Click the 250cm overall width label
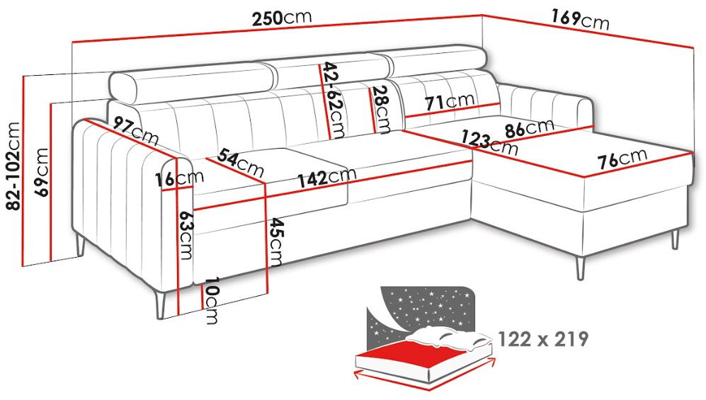tap(281, 18)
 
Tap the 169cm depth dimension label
tap(580, 19)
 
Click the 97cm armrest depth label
tap(135, 130)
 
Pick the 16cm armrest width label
tap(179, 178)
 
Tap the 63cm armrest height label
tap(186, 234)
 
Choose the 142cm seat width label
tap(326, 177)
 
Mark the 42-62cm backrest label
tap(334, 100)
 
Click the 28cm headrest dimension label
tap(382, 109)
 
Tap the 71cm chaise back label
tap(450, 102)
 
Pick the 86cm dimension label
tap(529, 127)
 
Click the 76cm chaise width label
tap(622, 157)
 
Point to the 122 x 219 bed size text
tap(543, 339)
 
